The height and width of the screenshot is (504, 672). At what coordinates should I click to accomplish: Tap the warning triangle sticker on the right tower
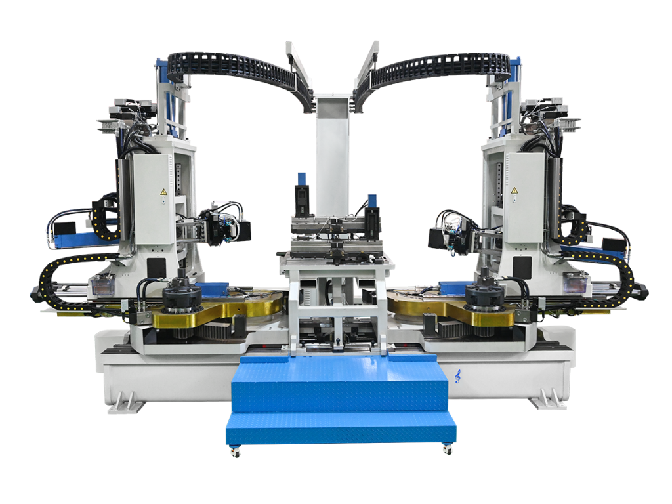pyautogui.click(x=514, y=191)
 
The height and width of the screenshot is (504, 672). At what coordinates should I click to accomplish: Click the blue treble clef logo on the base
pyautogui.click(x=457, y=376)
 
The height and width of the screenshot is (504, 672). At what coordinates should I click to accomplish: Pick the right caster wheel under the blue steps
pyautogui.click(x=448, y=450)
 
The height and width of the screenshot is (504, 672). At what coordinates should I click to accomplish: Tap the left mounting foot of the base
pyautogui.click(x=125, y=401)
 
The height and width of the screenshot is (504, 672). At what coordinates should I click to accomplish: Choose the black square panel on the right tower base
pyautogui.click(x=522, y=266)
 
